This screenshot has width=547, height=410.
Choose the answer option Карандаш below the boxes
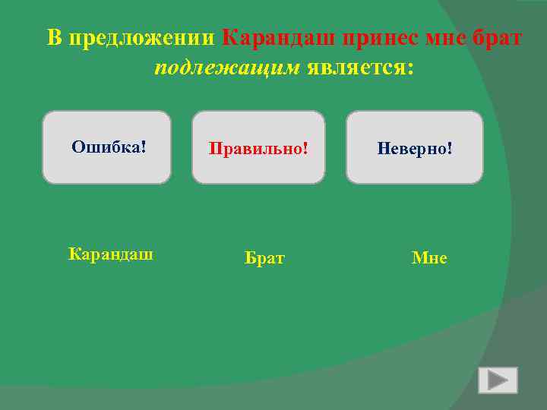[111, 254]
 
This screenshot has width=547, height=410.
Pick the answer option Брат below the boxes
[264, 259]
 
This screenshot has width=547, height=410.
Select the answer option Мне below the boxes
[429, 259]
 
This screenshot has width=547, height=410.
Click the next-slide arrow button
[498, 380]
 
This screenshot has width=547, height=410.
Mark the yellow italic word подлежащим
[227, 68]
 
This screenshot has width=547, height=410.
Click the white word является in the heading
[353, 68]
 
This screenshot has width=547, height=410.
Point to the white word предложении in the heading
[143, 38]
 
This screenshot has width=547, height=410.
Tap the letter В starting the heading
[53, 38]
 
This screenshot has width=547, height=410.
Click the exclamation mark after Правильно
[305, 147]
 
